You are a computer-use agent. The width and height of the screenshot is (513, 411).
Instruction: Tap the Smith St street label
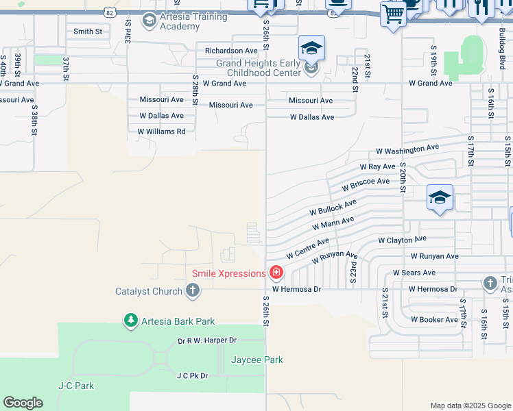[x=88, y=32]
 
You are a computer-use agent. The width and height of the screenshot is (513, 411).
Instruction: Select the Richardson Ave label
[x=231, y=51]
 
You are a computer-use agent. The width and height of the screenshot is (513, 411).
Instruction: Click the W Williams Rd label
[x=161, y=132]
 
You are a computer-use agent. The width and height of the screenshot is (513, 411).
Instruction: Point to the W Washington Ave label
[x=407, y=149]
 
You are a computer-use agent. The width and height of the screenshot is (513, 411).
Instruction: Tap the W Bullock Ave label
[x=333, y=207]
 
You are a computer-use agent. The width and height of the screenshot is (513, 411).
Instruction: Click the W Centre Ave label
[x=307, y=248]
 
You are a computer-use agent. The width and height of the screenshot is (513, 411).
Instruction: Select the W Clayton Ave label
[x=403, y=240]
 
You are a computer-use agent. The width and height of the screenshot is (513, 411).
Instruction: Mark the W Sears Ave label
[x=415, y=273]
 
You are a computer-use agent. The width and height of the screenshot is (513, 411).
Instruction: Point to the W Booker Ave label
[x=434, y=320]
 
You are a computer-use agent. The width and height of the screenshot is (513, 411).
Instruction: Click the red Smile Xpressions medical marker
[x=276, y=273]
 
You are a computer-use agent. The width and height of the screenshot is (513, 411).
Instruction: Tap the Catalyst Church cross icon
[x=193, y=291]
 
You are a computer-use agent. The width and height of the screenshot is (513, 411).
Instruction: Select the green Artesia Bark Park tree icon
[x=130, y=321]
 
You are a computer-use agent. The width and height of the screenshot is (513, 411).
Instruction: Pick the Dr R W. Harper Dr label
[x=206, y=340]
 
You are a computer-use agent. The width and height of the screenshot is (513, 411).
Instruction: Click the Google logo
[x=23, y=403]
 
